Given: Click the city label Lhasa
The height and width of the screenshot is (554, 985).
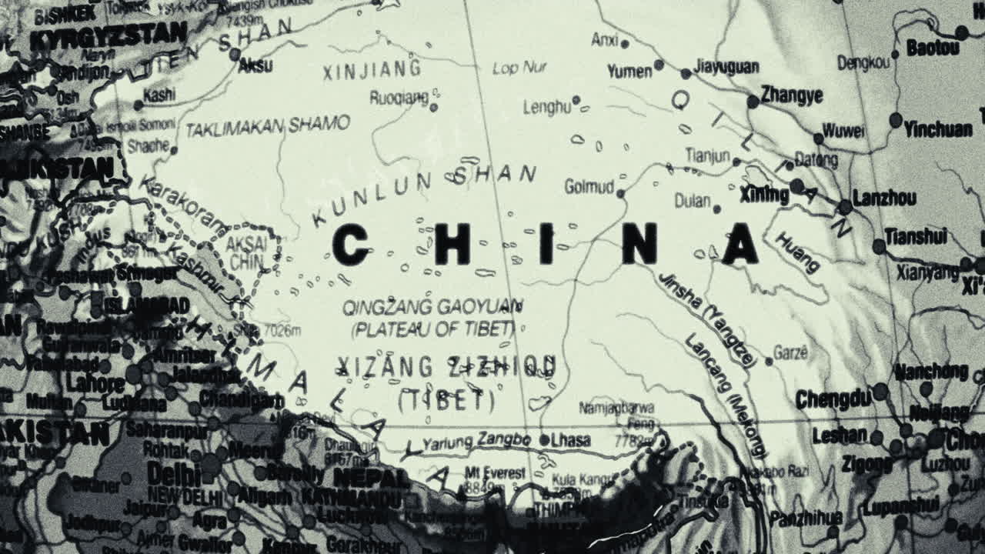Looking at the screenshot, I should click(571, 440).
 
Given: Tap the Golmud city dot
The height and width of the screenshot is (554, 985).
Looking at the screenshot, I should click(621, 194).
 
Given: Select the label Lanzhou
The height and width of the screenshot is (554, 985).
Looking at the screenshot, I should click(884, 198).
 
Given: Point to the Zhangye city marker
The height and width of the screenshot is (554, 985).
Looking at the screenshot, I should click(753, 102).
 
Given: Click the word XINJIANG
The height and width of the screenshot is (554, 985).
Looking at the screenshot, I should click(372, 70).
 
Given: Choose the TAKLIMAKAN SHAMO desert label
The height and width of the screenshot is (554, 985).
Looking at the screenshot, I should click(268, 125).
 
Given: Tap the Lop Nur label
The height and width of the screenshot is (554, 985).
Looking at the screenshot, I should click(519, 68).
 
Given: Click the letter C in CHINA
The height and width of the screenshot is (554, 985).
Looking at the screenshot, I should click(350, 245).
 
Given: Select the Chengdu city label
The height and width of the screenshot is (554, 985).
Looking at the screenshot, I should click(833, 399).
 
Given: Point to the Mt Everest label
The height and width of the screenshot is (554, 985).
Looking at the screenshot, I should click(495, 472).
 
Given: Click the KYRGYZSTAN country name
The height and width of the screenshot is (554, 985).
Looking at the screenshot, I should click(108, 35).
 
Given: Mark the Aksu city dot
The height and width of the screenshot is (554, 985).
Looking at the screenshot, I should click(235, 55).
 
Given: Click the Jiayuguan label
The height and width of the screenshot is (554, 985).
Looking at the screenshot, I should click(726, 67).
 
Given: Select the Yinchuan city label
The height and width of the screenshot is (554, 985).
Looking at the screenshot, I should click(938, 128).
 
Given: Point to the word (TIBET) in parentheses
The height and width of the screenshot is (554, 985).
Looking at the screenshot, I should click(446, 399).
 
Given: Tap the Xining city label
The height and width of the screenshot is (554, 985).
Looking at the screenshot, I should click(764, 194).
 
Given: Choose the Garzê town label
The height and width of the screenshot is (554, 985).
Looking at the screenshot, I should click(790, 353).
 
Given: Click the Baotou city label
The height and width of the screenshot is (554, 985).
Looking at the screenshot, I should click(933, 48).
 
